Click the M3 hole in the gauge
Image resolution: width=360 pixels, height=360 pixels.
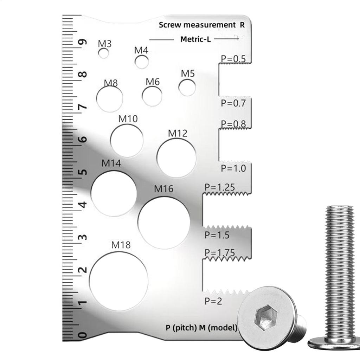click(103, 53)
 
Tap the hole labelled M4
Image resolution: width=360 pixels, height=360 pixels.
click(142, 62)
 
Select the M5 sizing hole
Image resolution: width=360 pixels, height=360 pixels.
click(187, 88)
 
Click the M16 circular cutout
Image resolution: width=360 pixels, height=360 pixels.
click(164, 223)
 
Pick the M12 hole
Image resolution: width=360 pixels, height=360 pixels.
click(176, 157)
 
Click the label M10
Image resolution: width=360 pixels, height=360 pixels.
click(128, 119)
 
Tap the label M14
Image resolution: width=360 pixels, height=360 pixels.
click(111, 163)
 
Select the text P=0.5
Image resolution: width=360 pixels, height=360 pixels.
click(233, 59)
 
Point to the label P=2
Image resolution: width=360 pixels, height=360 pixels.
click(213, 301)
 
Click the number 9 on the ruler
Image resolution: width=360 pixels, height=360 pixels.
click(83, 43)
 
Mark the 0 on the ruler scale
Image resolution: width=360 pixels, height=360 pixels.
click(83, 335)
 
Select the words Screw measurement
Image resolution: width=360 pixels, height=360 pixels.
click(197, 25)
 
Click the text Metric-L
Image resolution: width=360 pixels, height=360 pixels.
click(195, 39)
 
